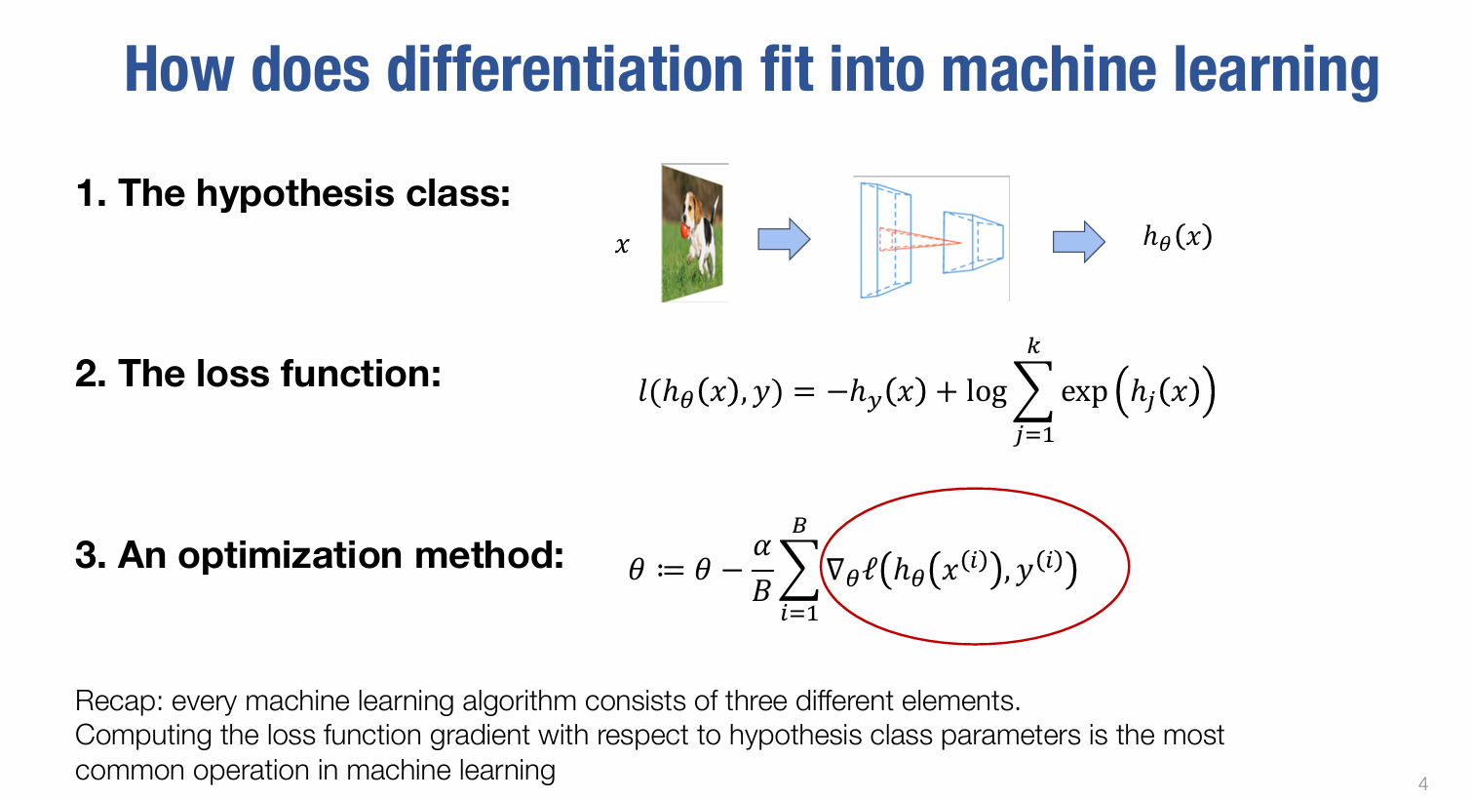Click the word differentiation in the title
(x=565, y=69)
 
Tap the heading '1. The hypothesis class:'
(x=293, y=193)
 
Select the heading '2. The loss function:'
(x=258, y=374)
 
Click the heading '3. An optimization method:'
(x=320, y=554)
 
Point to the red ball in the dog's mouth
(x=685, y=229)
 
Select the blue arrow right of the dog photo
(x=784, y=239)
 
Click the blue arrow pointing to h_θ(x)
(x=1079, y=241)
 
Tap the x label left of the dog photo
(x=622, y=246)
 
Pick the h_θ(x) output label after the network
(x=1178, y=237)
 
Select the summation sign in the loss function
(x=1033, y=391)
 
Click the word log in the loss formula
(x=987, y=392)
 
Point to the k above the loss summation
(x=1033, y=345)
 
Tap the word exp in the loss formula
(x=1085, y=392)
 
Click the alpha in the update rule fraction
(x=762, y=546)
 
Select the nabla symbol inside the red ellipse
(x=835, y=568)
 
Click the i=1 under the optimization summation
(x=799, y=613)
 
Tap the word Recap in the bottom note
(x=119, y=701)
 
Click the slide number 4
(x=1422, y=783)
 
